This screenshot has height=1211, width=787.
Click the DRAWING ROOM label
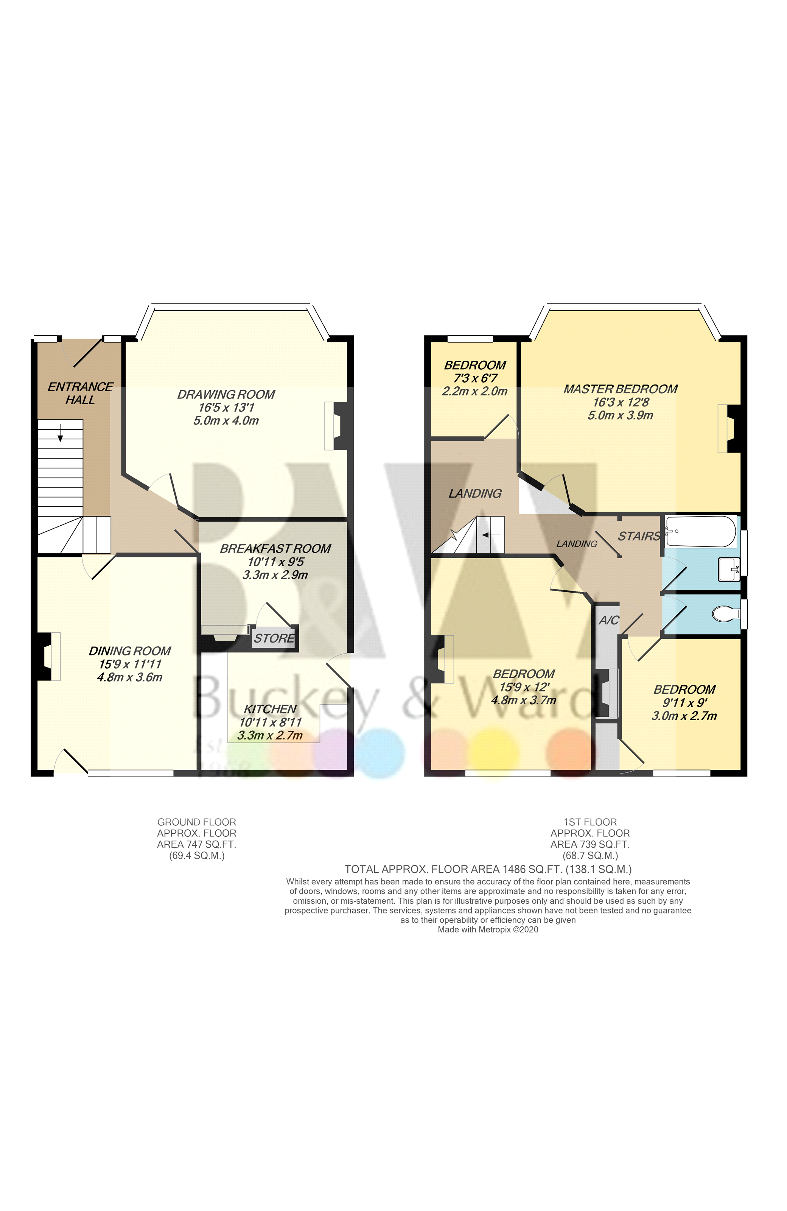[x=226, y=394]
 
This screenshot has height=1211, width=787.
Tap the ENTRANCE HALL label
[x=80, y=393]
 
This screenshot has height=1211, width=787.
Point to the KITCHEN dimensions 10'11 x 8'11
[x=270, y=722]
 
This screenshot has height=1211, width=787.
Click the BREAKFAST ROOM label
[x=275, y=548]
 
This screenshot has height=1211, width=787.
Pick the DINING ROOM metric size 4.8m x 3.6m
[x=129, y=677]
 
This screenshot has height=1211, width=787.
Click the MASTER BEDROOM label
[x=620, y=389]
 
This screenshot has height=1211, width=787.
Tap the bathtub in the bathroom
[x=700, y=531]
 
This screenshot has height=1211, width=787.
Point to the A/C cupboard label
[x=608, y=620]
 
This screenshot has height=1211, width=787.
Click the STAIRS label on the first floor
[x=638, y=536]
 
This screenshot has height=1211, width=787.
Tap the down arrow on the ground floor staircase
[x=60, y=434]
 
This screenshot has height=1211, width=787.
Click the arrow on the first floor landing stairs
[x=490, y=535]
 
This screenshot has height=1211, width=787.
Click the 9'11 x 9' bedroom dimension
[x=684, y=703]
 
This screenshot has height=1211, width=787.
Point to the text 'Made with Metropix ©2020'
[x=487, y=929]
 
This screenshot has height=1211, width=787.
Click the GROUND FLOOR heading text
[x=196, y=822]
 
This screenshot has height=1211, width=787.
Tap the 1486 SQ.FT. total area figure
[x=532, y=870]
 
